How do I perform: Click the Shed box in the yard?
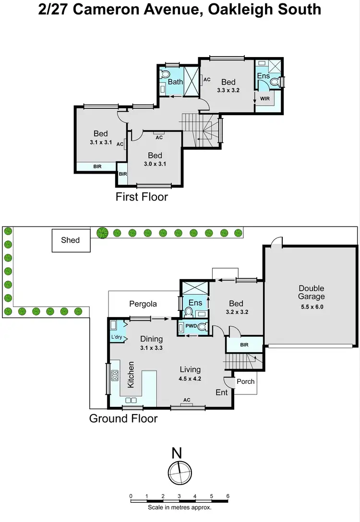coord(71,240)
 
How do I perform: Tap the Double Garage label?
coord(312,292)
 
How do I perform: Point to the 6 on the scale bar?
coord(227,496)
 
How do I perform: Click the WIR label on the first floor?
coord(264,98)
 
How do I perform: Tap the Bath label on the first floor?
coord(175,82)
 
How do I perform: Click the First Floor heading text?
coord(142,197)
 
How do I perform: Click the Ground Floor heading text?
coord(123,418)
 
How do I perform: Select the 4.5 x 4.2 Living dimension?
coord(190,379)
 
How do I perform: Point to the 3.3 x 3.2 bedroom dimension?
coord(228,90)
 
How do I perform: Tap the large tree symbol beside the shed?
coord(102,233)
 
